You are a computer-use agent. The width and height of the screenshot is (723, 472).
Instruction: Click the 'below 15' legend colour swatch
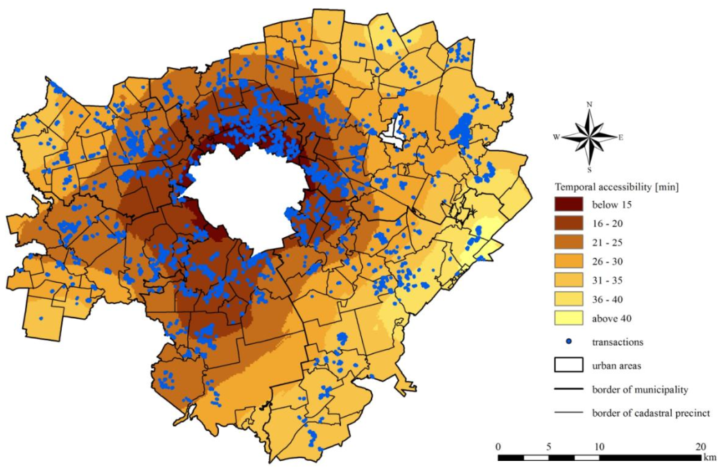pyautogui.click(x=568, y=204)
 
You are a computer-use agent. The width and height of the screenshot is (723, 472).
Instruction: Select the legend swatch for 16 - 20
pyautogui.click(x=568, y=224)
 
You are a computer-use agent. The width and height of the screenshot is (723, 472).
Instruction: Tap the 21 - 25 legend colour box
pyautogui.click(x=568, y=243)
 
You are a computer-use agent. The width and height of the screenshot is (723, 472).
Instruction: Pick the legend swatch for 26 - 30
pyautogui.click(x=568, y=262)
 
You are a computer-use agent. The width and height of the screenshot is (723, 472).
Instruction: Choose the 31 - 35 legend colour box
pyautogui.click(x=568, y=281)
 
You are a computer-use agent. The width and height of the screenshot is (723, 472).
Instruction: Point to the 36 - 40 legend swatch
pyautogui.click(x=568, y=300)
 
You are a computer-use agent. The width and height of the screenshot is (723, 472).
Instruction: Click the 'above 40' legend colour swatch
pyautogui.click(x=568, y=319)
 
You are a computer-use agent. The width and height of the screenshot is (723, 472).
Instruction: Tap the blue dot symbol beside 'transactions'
pyautogui.click(x=568, y=342)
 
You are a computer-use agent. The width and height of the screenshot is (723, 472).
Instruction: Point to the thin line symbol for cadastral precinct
pyautogui.click(x=568, y=413)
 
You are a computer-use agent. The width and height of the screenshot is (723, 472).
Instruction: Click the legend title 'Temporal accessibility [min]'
pyautogui.click(x=616, y=186)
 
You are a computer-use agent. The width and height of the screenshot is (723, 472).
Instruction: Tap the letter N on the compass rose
pyautogui.click(x=589, y=104)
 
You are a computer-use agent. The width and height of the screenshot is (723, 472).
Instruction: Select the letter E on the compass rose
pyautogui.click(x=621, y=137)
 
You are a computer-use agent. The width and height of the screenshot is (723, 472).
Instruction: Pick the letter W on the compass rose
pyautogui.click(x=556, y=137)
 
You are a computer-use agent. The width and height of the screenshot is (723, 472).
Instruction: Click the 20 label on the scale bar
pyautogui.click(x=700, y=446)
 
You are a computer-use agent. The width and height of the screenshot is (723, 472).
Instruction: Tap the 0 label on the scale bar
pyautogui.click(x=498, y=446)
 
